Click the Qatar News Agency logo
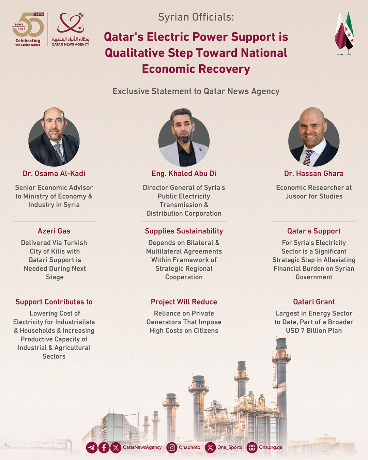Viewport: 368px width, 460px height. click(71, 29)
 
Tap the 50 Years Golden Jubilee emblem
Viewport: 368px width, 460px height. click(28, 29)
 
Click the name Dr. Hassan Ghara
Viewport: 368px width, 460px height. click(314, 173)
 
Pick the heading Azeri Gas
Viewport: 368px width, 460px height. click(54, 231)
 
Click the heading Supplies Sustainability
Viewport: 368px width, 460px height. click(184, 231)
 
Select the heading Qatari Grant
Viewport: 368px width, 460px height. click(314, 302)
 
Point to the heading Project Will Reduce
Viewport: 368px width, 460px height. click(184, 302)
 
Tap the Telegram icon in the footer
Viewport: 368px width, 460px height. click(92, 447)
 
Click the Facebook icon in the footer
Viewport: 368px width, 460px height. click(104, 447)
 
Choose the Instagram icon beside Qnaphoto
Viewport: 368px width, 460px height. click(172, 447)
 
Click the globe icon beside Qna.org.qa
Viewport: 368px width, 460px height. click(252, 447)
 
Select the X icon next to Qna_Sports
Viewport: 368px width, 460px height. click(210, 447)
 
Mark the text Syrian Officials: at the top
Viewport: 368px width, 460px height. click(196, 17)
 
